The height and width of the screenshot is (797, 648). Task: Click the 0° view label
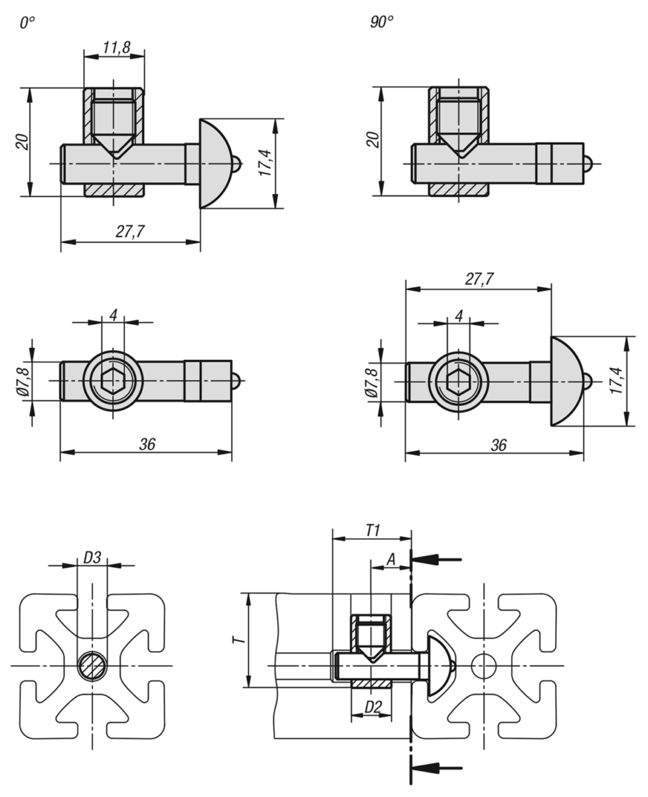point(27,23)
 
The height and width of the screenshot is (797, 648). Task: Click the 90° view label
point(381,23)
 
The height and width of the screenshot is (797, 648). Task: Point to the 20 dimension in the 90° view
point(374,140)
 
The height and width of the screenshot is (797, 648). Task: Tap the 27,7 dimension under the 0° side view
point(131,231)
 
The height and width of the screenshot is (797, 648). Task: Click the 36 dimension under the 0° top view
point(147,444)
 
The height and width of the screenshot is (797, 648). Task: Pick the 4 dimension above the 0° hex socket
point(114,314)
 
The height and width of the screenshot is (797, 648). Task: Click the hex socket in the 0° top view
point(114,382)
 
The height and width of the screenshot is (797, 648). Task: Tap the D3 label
point(92,558)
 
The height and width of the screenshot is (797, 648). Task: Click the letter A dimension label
point(391,561)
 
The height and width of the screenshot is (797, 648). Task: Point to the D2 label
point(372,709)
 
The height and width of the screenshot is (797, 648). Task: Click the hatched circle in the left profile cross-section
point(91,665)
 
